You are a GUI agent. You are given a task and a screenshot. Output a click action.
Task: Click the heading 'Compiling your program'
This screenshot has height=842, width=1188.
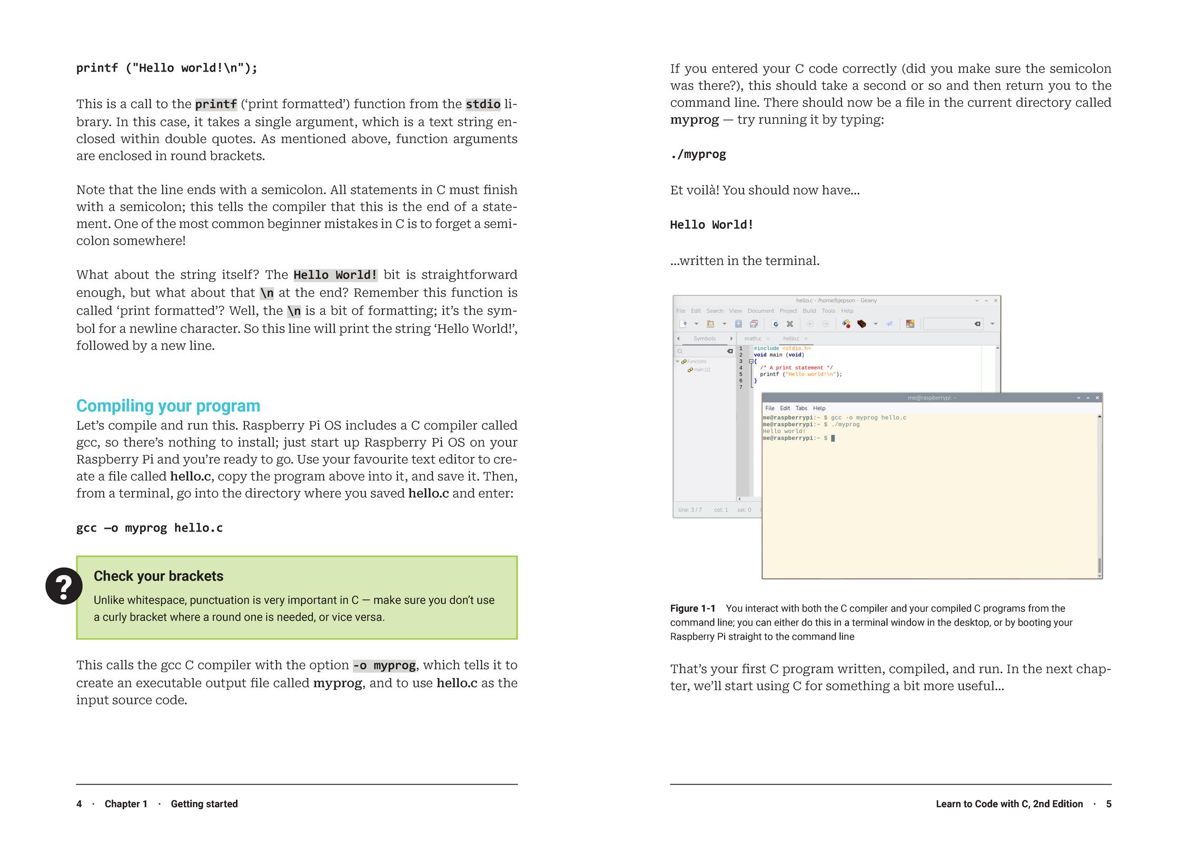pyautogui.click(x=168, y=406)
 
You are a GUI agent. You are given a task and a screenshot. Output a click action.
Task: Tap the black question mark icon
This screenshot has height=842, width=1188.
pyautogui.click(x=64, y=586)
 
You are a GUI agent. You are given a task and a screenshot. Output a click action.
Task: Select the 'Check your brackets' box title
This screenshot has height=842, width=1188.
pyautogui.click(x=158, y=576)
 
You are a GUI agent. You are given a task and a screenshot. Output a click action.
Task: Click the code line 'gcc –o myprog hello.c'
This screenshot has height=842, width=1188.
pyautogui.click(x=150, y=528)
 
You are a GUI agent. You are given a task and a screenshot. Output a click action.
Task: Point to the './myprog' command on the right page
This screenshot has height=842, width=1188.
pyautogui.click(x=698, y=155)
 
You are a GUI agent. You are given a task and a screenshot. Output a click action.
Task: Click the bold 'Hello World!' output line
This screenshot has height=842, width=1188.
pyautogui.click(x=711, y=225)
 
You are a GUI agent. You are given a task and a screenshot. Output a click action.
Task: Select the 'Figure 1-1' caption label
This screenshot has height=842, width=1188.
pyautogui.click(x=692, y=609)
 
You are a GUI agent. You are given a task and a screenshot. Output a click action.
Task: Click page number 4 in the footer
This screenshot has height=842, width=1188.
pyautogui.click(x=79, y=804)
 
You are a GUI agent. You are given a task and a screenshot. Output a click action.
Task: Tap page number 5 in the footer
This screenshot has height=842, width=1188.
pyautogui.click(x=1108, y=804)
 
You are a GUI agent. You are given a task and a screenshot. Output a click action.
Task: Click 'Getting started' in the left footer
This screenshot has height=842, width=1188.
pyautogui.click(x=204, y=804)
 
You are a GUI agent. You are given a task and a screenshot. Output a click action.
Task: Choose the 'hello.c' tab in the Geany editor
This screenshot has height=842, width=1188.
pyautogui.click(x=791, y=338)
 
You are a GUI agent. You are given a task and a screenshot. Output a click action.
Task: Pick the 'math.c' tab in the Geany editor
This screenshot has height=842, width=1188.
pyautogui.click(x=753, y=338)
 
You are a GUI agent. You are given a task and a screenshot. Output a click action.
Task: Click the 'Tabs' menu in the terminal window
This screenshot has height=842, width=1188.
pyautogui.click(x=801, y=408)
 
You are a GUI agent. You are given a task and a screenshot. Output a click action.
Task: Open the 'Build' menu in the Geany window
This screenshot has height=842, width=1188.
pyautogui.click(x=809, y=311)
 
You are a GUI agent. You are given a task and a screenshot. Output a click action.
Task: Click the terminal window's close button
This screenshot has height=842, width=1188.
pyautogui.click(x=1097, y=398)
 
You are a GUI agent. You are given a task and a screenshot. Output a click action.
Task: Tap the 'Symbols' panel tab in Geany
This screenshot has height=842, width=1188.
pyautogui.click(x=704, y=338)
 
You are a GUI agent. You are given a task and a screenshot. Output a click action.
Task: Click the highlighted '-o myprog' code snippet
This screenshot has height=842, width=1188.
pyautogui.click(x=384, y=666)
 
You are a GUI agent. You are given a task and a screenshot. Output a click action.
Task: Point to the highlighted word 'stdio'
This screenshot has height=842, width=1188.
pyautogui.click(x=482, y=104)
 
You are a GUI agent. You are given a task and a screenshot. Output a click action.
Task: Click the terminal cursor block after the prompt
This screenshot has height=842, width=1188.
pyautogui.click(x=833, y=438)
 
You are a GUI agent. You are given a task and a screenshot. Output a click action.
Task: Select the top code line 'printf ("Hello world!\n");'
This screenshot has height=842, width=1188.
pyautogui.click(x=166, y=68)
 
